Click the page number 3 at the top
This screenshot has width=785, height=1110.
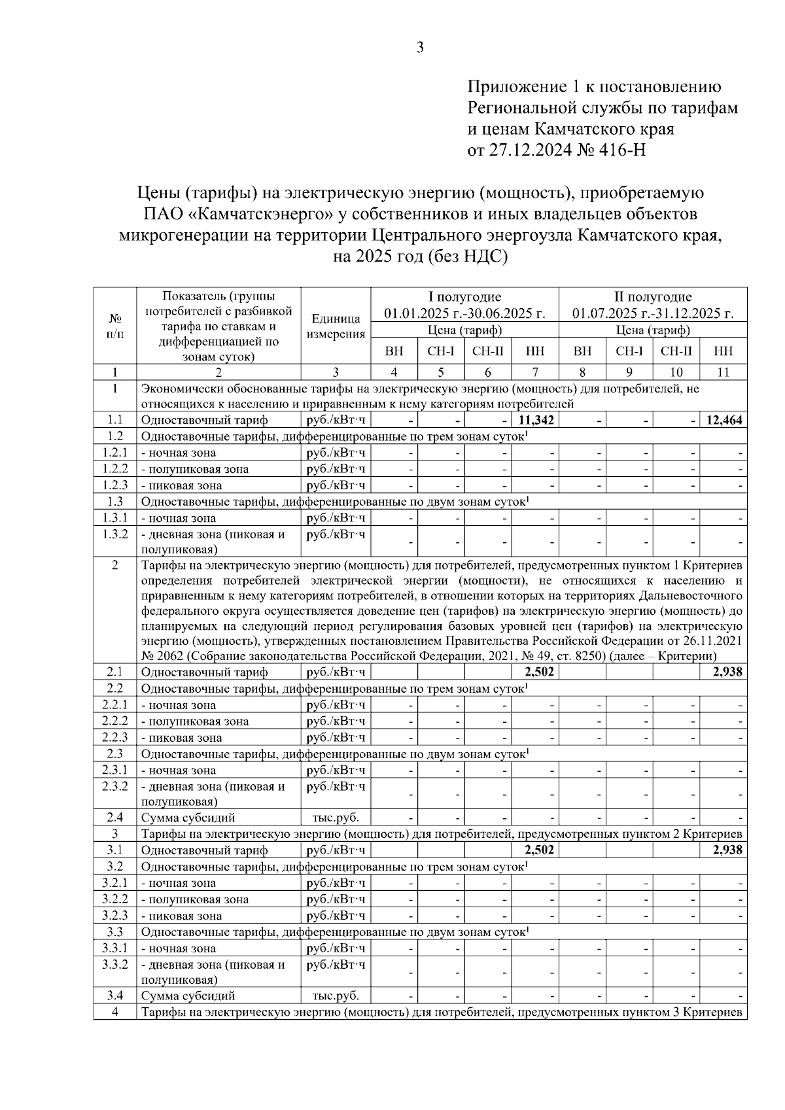pos(420,47)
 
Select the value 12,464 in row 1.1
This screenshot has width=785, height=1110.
pos(724,420)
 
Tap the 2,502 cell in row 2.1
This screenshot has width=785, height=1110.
pos(540,672)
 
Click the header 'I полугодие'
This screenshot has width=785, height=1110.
pos(464,297)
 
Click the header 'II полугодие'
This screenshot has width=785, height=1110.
pos(653,297)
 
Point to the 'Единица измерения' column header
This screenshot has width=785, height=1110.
pos(336,326)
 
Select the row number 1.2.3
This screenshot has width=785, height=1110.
pos(114,485)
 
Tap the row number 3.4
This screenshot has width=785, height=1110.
pos(114,996)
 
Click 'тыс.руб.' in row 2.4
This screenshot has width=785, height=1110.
pos(336,818)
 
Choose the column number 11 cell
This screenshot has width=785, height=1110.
pos(723,372)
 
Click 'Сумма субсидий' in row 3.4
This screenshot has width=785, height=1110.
pos(188,996)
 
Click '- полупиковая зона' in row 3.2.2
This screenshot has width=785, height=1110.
pos(195,899)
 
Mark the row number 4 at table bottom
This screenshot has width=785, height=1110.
pos(114,1012)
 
